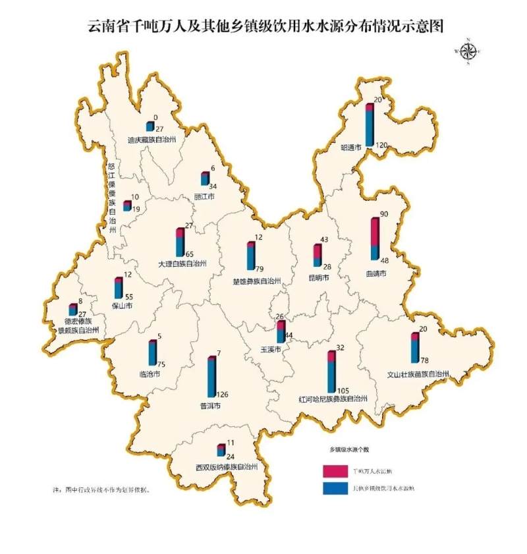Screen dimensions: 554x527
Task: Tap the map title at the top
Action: coord(263,26)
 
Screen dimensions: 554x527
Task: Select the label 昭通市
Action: coord(350,148)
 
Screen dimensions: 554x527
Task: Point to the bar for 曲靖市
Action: coord(375,238)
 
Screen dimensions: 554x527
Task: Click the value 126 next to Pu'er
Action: coord(223,395)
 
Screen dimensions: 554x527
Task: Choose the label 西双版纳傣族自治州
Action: coord(226,466)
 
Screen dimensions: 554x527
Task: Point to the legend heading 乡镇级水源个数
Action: coord(350,449)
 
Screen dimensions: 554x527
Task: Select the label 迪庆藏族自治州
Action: coord(152,139)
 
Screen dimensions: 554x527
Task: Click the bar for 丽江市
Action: coord(205,179)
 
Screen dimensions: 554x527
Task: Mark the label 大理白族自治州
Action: coord(182,263)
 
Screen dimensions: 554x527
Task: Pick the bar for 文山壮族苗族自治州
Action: coord(414,347)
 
